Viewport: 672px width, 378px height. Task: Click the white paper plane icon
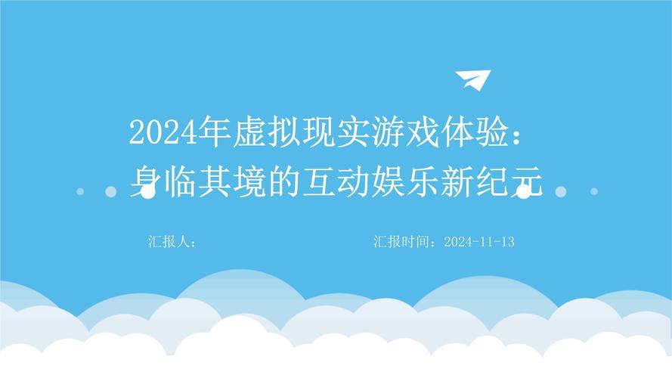(x=473, y=79)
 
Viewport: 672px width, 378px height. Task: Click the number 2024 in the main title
(x=156, y=133)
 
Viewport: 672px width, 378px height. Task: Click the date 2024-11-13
(x=479, y=242)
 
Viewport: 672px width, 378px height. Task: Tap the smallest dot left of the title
(x=80, y=191)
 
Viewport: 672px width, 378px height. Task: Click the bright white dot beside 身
(x=148, y=192)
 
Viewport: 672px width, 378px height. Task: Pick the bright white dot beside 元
(x=523, y=192)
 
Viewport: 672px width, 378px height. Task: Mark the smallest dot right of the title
(x=593, y=191)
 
